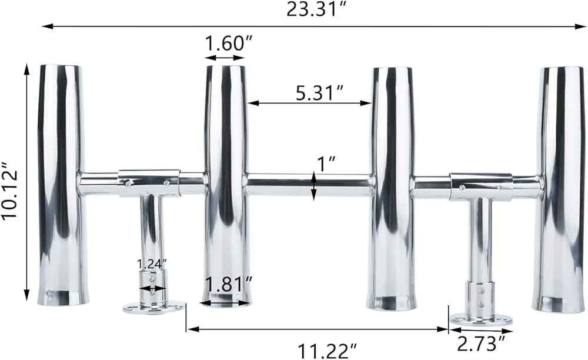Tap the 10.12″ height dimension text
pos(10,191)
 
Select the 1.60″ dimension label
pos(225,44)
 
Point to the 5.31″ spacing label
pos(319,92)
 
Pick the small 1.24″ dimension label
pos(152,264)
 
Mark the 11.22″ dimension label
pos(327,351)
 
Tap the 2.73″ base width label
pos(481,344)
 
